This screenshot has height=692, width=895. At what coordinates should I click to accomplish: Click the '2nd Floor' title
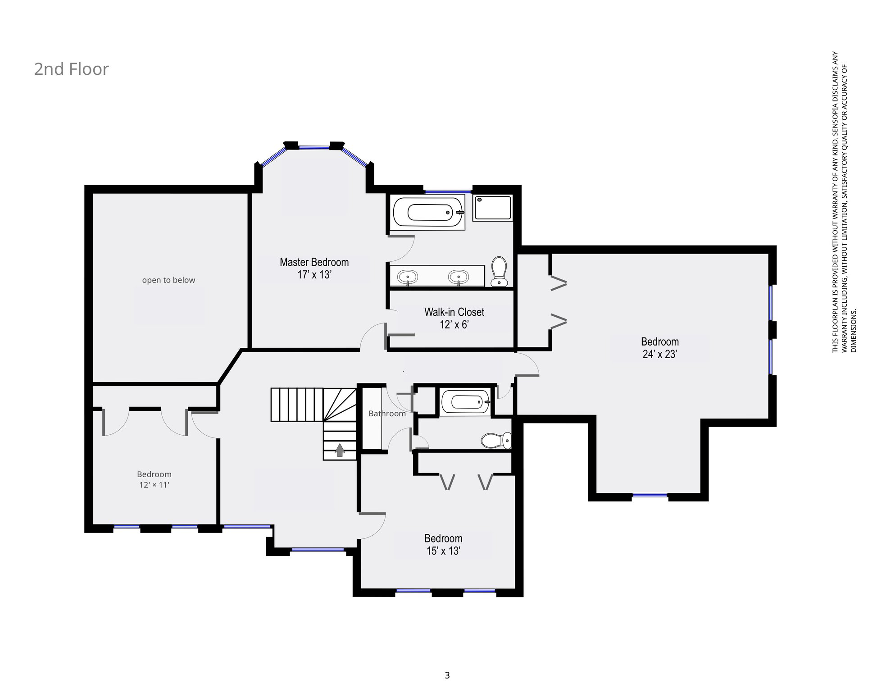click(x=71, y=69)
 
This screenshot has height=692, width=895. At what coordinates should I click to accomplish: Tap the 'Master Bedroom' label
click(x=314, y=262)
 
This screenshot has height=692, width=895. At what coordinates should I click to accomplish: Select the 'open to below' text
click(x=168, y=280)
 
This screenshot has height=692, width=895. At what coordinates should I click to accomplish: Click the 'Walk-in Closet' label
click(x=454, y=312)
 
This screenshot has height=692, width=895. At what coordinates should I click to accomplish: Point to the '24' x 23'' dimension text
click(x=659, y=354)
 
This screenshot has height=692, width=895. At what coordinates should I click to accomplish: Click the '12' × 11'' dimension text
click(x=154, y=485)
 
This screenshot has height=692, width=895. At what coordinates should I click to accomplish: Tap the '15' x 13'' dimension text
click(x=443, y=551)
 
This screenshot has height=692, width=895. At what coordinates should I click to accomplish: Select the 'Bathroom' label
click(x=387, y=414)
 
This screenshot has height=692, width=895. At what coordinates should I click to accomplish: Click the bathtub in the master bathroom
click(x=428, y=212)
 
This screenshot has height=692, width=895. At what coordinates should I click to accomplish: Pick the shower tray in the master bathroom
click(x=493, y=208)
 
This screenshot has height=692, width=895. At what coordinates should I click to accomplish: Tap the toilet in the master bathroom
click(x=499, y=271)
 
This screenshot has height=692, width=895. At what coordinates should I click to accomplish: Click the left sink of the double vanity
click(x=408, y=277)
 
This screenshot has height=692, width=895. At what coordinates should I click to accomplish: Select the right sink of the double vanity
click(x=458, y=277)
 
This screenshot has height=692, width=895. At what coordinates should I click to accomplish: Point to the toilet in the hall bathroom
click(x=496, y=440)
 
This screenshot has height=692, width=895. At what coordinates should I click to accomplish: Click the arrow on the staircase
click(x=340, y=450)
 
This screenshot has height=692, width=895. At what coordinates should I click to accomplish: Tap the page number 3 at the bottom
click(x=447, y=675)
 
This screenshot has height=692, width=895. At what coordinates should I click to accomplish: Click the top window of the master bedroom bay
click(x=314, y=147)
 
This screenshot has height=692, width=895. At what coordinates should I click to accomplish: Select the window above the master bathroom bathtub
click(x=448, y=192)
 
